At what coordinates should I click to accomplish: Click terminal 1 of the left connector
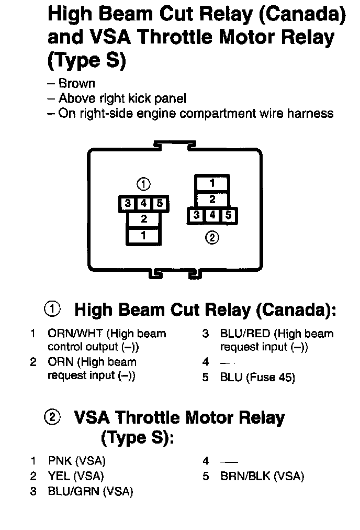[x=143, y=236]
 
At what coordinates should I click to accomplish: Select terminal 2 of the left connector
[x=143, y=219]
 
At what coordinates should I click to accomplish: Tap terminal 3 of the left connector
[x=128, y=204]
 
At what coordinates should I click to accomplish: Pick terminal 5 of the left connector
[x=160, y=204]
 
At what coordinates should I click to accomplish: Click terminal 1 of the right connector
[x=212, y=183]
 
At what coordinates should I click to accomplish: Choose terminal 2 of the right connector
[x=212, y=200]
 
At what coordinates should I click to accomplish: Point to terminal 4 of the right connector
[x=212, y=215]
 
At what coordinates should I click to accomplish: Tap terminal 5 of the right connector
[x=228, y=215]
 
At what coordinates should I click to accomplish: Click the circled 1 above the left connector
[x=143, y=184]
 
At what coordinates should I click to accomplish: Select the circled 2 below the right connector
[x=212, y=237]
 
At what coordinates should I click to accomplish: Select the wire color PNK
[x=60, y=461]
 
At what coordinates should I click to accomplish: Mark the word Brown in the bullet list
[x=77, y=83]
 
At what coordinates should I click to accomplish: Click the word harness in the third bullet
[x=310, y=113]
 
